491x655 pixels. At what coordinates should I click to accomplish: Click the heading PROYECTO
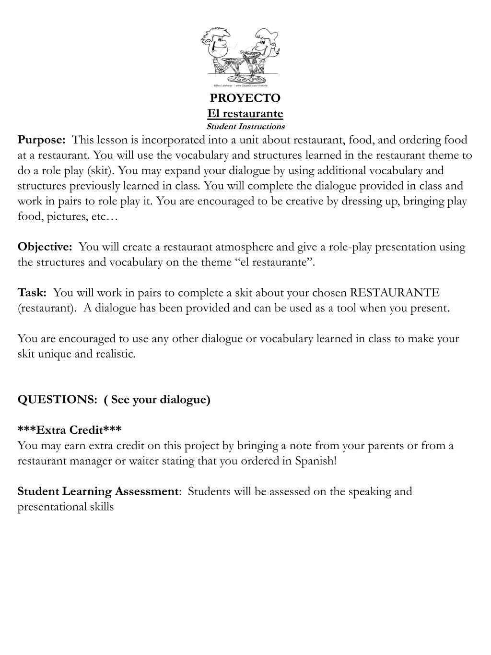[x=245, y=98]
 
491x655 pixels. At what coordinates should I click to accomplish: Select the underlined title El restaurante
[x=245, y=114]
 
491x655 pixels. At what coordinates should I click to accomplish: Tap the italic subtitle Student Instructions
[x=245, y=127]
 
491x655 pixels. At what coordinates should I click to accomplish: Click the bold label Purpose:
[x=42, y=140]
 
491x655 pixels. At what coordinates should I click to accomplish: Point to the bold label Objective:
[x=45, y=247]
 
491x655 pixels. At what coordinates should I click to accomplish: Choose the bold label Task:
[x=32, y=293]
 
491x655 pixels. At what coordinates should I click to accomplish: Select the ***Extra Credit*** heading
[x=70, y=429]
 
